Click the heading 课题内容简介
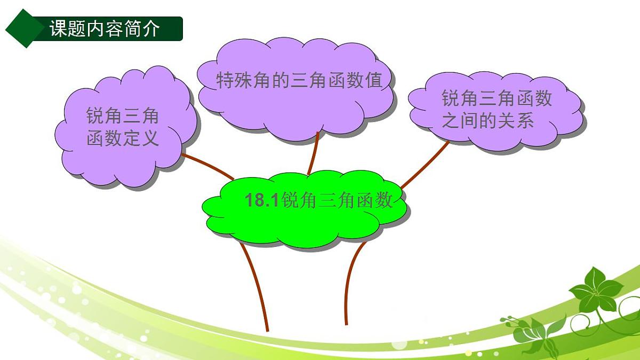click(x=105, y=28)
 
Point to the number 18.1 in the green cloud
click(x=262, y=201)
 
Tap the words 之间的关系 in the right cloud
click(x=488, y=122)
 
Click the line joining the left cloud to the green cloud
click(x=208, y=167)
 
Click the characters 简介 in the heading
click(x=145, y=28)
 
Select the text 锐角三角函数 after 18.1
click(x=337, y=201)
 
